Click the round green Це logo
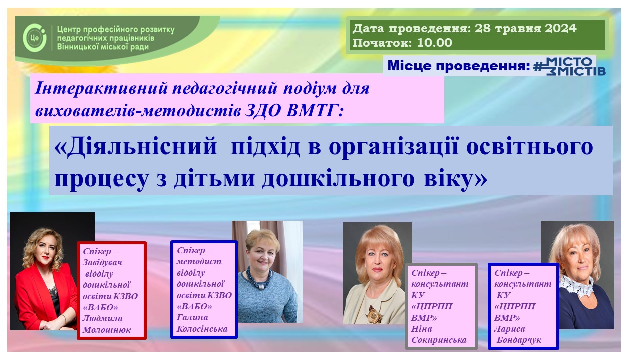(x=35, y=37)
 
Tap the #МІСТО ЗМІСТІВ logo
(x=569, y=66)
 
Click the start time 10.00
(x=435, y=43)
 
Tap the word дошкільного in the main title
(x=338, y=179)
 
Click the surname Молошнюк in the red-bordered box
(x=107, y=330)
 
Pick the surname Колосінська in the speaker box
(x=202, y=329)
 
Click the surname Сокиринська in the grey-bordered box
(x=439, y=340)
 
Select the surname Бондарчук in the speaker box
(x=519, y=340)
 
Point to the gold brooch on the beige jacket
(x=374, y=315)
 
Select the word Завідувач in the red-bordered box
(x=102, y=262)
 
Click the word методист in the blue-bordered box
(x=199, y=261)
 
